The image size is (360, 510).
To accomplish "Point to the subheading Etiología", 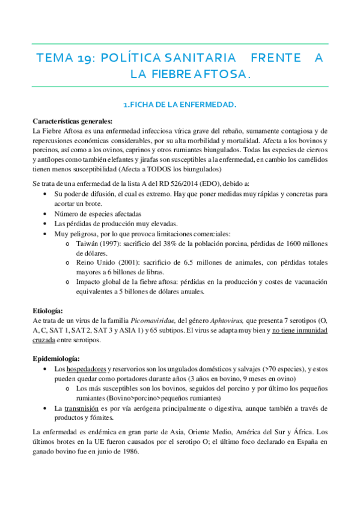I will [x=47, y=310].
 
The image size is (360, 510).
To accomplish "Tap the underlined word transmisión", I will [x=85, y=408].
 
